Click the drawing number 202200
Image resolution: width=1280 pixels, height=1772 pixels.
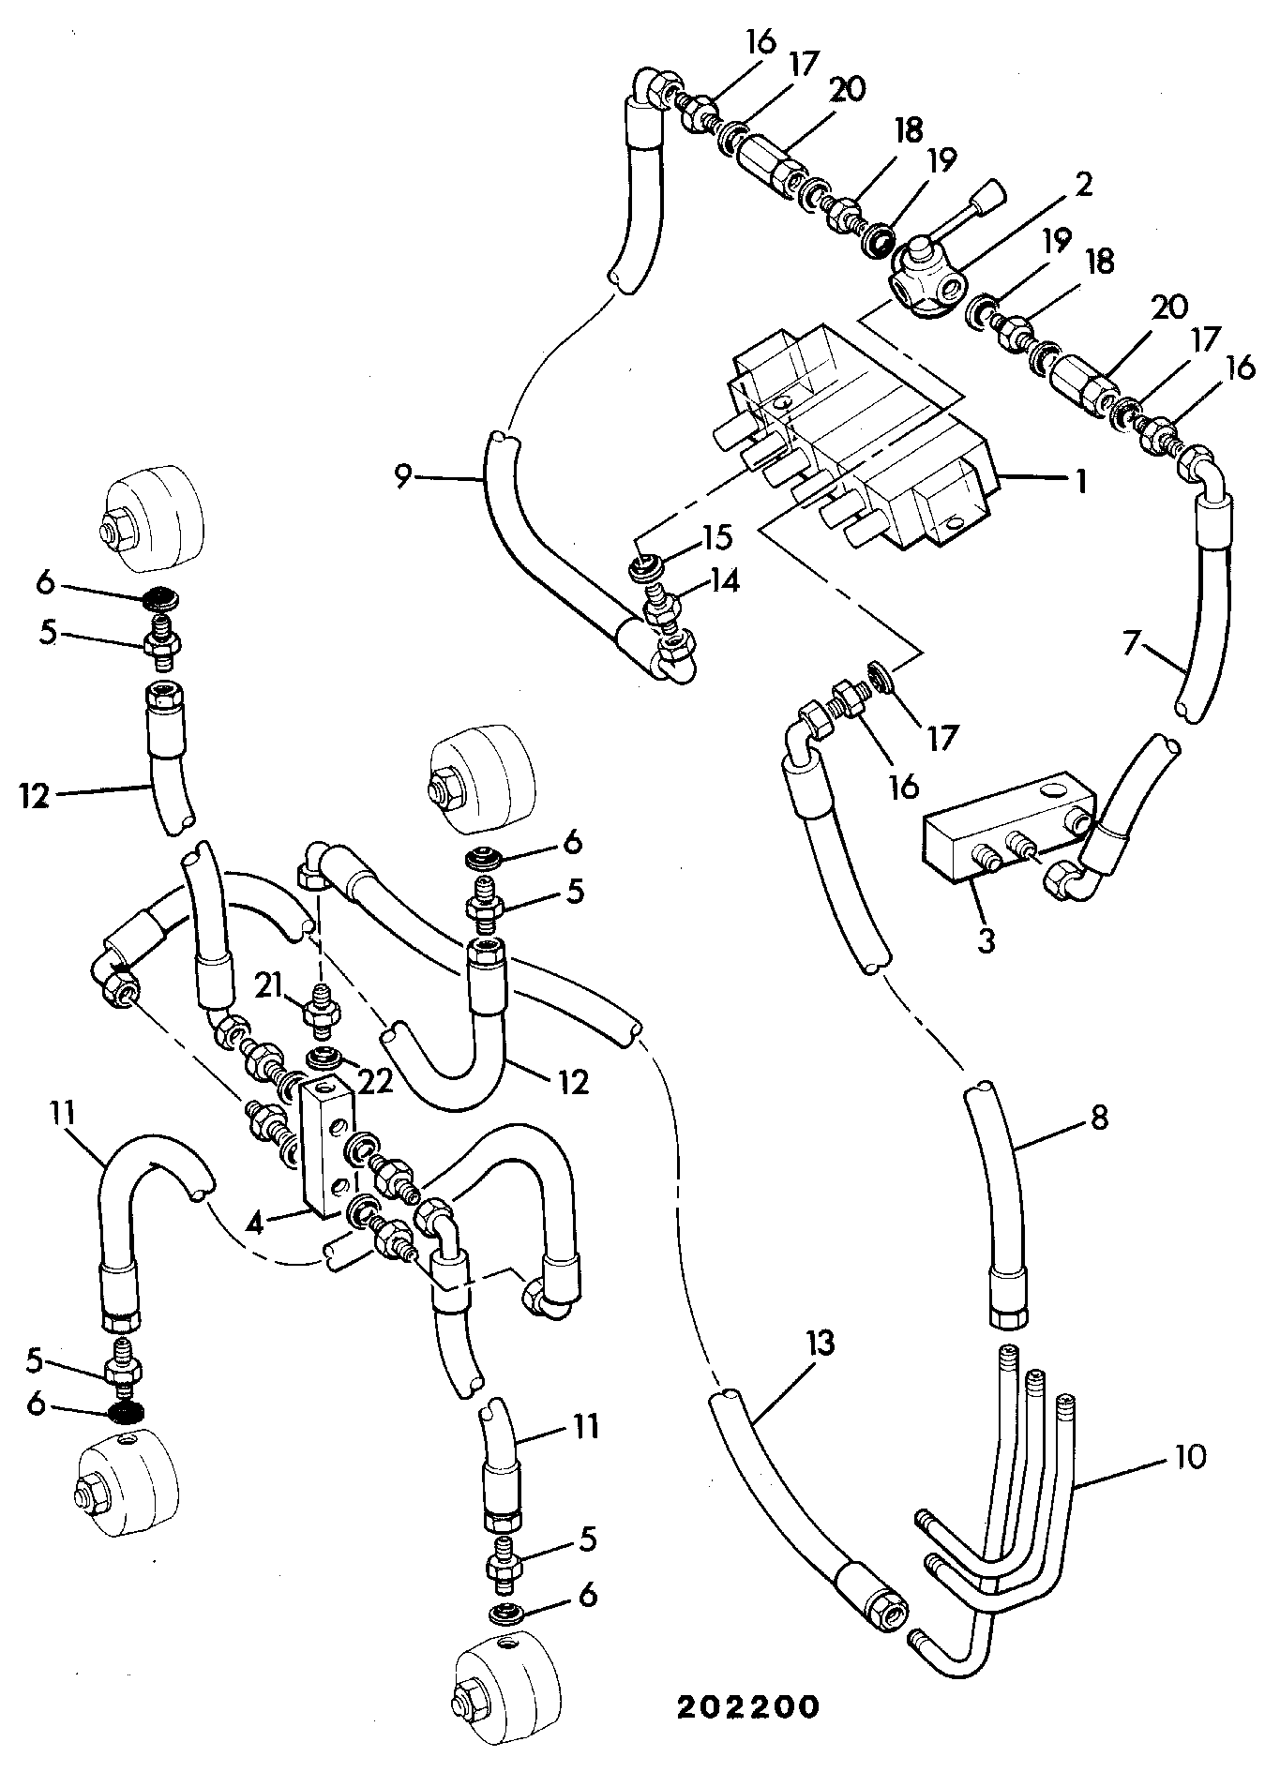(x=748, y=1706)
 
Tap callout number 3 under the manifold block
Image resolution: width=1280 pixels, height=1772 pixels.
(x=986, y=940)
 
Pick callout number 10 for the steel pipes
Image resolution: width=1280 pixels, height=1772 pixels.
(x=1189, y=1458)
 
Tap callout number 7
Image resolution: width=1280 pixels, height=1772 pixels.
(x=1132, y=643)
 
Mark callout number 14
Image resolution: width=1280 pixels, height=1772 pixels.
(x=724, y=581)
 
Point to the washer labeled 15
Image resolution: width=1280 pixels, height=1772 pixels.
(x=645, y=567)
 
